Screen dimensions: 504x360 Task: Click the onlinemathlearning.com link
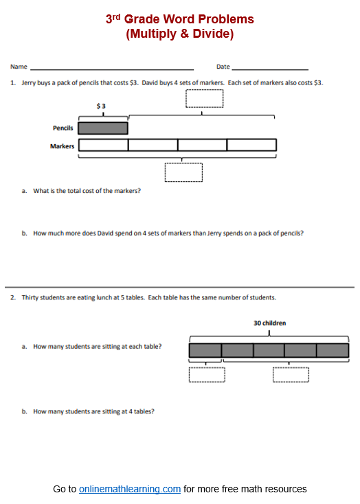point(130,489)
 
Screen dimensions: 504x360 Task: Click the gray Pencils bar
point(103,128)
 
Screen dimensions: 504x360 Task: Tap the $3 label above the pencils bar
point(102,106)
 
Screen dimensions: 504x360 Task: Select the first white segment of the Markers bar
point(103,145)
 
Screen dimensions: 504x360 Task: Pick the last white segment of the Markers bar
point(251,145)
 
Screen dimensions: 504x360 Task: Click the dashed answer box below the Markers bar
point(183,172)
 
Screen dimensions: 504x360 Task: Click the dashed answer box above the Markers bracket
point(205,98)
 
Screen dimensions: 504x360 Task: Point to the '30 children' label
point(269,323)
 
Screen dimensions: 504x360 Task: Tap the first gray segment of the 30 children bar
point(205,350)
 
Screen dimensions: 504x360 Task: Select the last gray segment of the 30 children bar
point(333,350)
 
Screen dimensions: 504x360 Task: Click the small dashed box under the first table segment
point(206,374)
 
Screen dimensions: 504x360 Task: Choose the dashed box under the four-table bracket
point(291,374)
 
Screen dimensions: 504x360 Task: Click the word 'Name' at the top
point(19,67)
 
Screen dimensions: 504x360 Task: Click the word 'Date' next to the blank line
point(223,67)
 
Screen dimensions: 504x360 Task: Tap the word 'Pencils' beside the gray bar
point(63,128)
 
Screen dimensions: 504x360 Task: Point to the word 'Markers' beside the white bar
point(62,146)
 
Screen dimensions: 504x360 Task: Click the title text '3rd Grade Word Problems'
point(180,19)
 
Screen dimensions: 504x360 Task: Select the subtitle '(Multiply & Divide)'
point(180,34)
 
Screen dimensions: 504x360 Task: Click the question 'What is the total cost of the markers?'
point(87,191)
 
